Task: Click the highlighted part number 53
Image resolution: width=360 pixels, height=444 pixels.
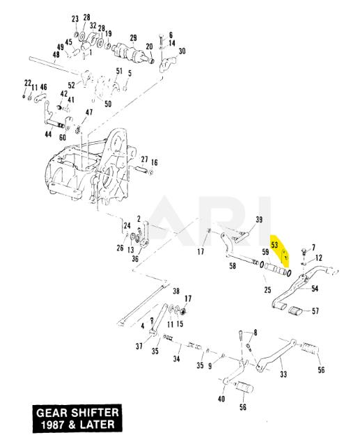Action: tap(274, 245)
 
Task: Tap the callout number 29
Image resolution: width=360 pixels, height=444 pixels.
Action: tap(133, 38)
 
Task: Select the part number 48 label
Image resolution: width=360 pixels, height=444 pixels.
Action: tap(56, 54)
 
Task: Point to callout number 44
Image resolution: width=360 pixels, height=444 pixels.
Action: tap(48, 134)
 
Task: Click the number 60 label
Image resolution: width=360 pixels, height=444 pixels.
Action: tap(62, 137)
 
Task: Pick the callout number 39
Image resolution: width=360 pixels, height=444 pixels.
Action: tap(259, 219)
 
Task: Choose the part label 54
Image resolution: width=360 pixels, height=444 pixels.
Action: tap(315, 289)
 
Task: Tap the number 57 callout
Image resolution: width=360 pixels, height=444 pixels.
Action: tap(315, 311)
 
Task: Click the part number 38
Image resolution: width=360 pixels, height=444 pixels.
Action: tap(176, 291)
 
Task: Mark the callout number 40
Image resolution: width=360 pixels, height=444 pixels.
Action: tap(221, 399)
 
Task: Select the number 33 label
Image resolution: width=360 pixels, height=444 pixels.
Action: tap(283, 374)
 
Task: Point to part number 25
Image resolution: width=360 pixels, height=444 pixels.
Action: tap(267, 290)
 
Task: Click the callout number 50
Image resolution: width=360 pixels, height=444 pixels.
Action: tap(108, 104)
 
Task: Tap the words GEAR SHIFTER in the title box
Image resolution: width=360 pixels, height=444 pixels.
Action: tap(77, 413)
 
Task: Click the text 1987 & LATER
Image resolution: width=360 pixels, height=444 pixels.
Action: tap(77, 425)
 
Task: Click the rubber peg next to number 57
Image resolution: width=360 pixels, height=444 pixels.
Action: tap(295, 310)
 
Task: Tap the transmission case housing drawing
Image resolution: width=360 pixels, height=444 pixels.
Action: tap(88, 168)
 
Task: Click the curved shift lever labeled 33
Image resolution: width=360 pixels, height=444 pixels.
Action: tap(276, 355)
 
